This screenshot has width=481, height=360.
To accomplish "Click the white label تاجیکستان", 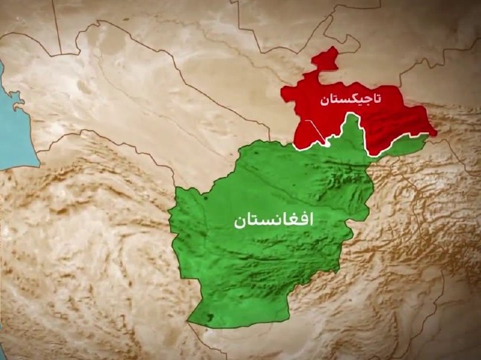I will coord(351,100).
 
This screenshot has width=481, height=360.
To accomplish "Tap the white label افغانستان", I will coord(274,221).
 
